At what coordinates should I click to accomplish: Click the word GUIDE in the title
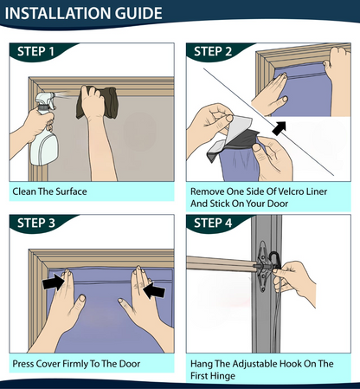(138, 13)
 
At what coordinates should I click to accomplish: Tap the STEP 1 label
(35, 52)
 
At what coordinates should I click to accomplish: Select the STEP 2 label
(213, 52)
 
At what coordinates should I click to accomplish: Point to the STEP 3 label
(36, 224)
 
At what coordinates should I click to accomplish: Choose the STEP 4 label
(213, 224)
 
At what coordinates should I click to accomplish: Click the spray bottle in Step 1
(44, 130)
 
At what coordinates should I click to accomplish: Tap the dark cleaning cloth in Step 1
(97, 102)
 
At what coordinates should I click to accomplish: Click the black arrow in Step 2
(280, 128)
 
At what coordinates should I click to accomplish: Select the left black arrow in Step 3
(54, 282)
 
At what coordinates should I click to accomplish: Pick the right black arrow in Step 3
(154, 290)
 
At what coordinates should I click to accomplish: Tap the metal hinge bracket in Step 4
(262, 267)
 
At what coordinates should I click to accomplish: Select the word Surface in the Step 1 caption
(71, 191)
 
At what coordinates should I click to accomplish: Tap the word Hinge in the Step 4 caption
(221, 376)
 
